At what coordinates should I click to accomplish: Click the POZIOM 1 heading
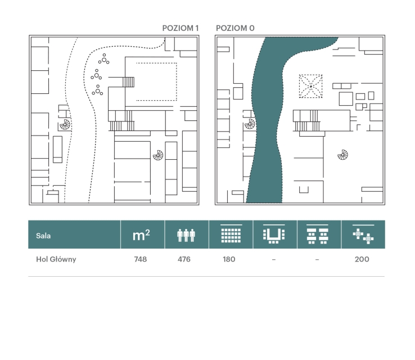pyautogui.click(x=181, y=28)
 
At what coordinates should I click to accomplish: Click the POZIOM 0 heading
pyautogui.click(x=235, y=28)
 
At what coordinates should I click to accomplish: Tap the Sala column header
pyautogui.click(x=43, y=236)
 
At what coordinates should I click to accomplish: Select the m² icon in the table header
pyautogui.click(x=141, y=235)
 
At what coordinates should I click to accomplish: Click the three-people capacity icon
pyautogui.click(x=186, y=235)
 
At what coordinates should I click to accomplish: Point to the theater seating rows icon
pyautogui.click(x=231, y=233)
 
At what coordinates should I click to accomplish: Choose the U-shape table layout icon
pyautogui.click(x=274, y=234)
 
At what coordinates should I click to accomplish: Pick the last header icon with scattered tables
pyautogui.click(x=363, y=235)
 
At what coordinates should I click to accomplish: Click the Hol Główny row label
pyautogui.click(x=56, y=259)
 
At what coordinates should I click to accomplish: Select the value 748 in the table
pyautogui.click(x=140, y=259)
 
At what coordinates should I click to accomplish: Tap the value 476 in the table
pyautogui.click(x=184, y=259)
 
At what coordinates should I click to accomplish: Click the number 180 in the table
pyautogui.click(x=229, y=259)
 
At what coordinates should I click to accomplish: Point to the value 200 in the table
pyautogui.click(x=362, y=259)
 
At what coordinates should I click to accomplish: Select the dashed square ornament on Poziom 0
pyautogui.click(x=311, y=86)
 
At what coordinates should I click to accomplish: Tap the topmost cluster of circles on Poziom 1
pyautogui.click(x=103, y=59)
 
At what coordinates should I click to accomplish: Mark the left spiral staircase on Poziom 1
pyautogui.click(x=65, y=124)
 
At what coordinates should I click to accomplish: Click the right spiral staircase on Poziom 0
pyautogui.click(x=343, y=155)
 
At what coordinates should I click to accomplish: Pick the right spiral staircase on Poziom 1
pyautogui.click(x=158, y=155)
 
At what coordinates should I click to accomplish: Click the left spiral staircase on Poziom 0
pyautogui.click(x=250, y=124)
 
